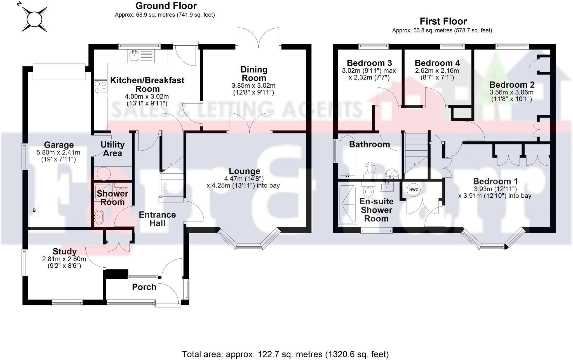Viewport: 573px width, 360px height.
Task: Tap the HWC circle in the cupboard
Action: [x=414, y=190]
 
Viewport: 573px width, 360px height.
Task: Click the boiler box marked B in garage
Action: [x=34, y=210]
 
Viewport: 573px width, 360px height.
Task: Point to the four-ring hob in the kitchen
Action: [x=100, y=87]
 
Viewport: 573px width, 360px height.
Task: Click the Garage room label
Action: [x=59, y=145]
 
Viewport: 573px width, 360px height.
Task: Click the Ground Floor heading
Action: [x=166, y=6]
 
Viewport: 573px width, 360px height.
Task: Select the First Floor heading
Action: [x=443, y=21]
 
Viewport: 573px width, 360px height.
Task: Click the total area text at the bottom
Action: [x=285, y=354]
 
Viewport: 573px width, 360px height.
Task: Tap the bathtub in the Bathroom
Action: [x=347, y=155]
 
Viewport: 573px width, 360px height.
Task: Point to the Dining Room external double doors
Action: [x=258, y=38]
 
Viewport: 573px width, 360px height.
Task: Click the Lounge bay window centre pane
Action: [x=249, y=247]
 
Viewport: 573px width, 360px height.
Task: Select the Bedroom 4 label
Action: [x=437, y=63]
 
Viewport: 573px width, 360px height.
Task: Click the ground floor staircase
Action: [x=171, y=182]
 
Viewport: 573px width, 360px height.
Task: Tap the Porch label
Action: [x=144, y=287]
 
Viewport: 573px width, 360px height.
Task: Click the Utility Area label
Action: [x=112, y=149]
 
